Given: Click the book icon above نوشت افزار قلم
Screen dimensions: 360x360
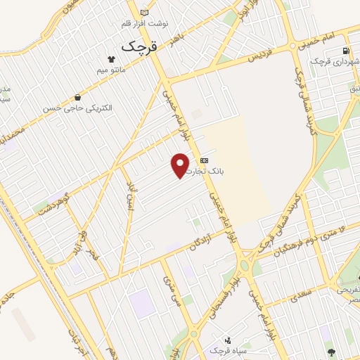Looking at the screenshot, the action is click(x=145, y=13).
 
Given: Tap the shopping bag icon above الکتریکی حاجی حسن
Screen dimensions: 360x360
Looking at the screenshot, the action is click(x=77, y=98).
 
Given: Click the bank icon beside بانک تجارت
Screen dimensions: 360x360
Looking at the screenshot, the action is click(x=204, y=160).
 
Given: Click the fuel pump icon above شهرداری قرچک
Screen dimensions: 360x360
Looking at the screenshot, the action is click(x=345, y=50).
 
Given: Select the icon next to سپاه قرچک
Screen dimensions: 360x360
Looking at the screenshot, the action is click(x=228, y=340).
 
